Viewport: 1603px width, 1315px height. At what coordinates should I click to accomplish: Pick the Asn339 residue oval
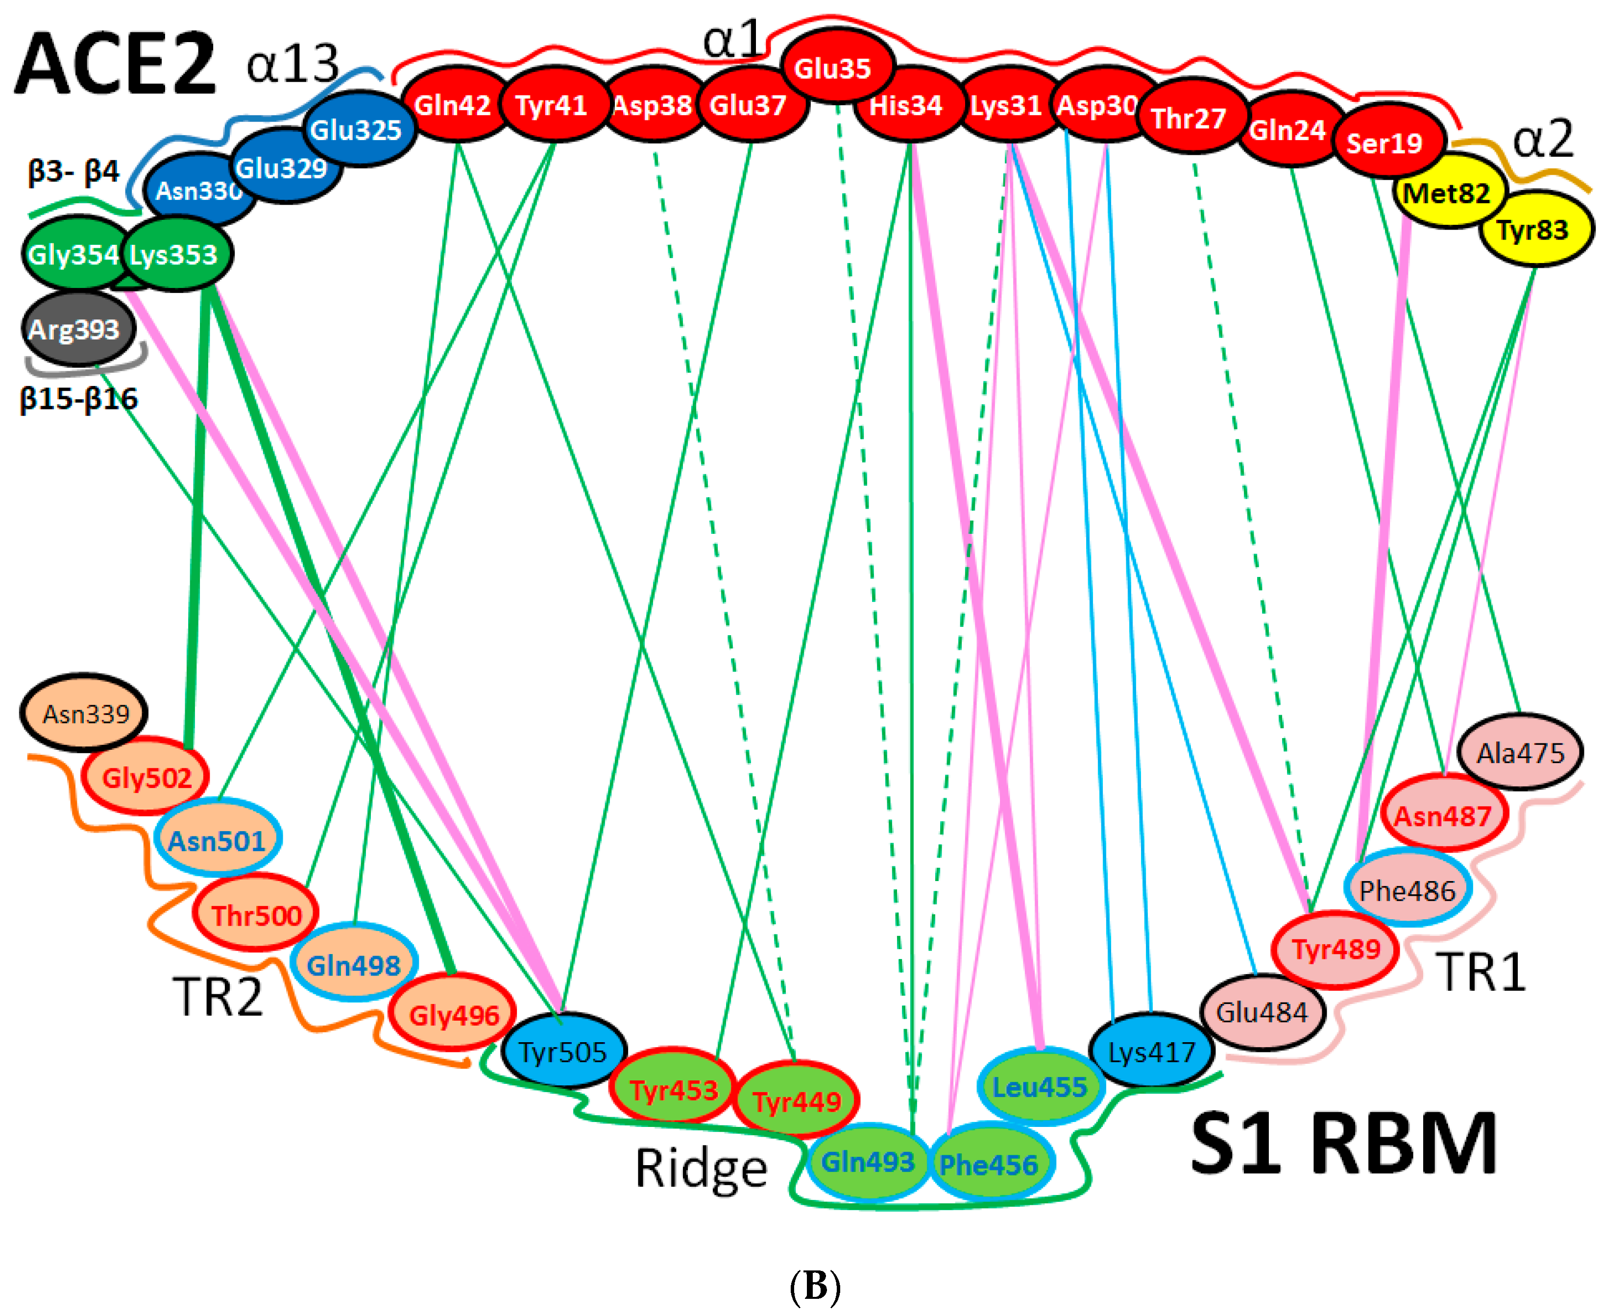pos(84,713)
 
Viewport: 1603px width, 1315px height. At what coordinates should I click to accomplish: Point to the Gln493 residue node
pos(868,1161)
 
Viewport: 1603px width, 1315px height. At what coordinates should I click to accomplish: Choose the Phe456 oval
pos(989,1164)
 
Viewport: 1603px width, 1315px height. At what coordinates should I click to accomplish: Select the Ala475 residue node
pos(1520,752)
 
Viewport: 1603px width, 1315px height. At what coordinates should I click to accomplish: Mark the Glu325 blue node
pos(357,129)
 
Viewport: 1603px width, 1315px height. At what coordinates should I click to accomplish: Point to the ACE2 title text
pos(115,64)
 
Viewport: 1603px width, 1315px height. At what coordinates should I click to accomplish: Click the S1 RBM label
pos(1343,1144)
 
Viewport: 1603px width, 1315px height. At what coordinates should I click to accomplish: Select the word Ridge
pos(701,1167)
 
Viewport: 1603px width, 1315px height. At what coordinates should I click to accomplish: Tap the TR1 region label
pos(1480,971)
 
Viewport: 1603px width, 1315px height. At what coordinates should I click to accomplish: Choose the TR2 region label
pos(218,996)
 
